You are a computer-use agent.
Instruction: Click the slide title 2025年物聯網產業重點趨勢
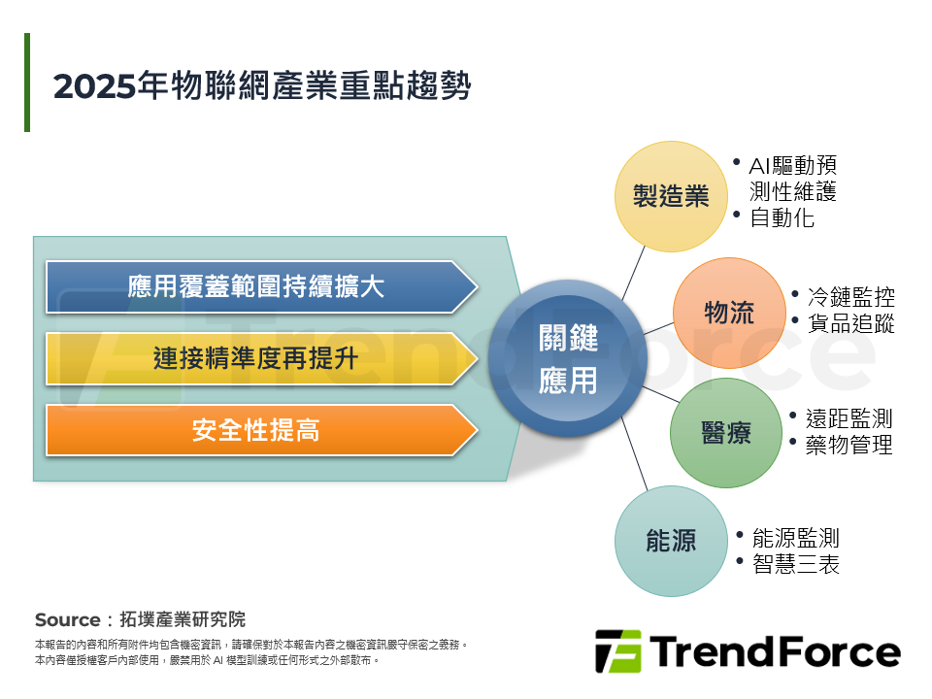coord(262,85)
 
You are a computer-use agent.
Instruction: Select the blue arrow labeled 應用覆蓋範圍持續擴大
coord(257,286)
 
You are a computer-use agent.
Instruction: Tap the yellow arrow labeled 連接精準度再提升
coord(257,358)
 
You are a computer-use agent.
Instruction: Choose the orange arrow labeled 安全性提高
coord(257,430)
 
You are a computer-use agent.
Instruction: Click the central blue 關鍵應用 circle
coord(568,359)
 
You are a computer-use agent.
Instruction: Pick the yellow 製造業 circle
coord(672,197)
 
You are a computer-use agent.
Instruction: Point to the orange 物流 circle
coord(728,313)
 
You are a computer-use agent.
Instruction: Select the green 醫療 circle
coord(726,433)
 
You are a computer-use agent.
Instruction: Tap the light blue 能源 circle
coord(672,541)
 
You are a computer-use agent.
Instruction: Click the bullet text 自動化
coord(782,217)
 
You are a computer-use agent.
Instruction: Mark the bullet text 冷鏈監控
coord(850,297)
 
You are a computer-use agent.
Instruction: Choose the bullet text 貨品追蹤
coord(850,323)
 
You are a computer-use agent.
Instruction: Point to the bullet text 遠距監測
coord(849,418)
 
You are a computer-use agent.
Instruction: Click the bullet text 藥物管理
coord(849,445)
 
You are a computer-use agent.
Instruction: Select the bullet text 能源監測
coord(795,538)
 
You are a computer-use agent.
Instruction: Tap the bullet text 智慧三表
coord(795,564)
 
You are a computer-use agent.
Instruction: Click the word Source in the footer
coord(67,619)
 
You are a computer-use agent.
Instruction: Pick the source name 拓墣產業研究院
coord(183,619)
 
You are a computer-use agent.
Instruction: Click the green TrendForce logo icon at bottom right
coord(617,651)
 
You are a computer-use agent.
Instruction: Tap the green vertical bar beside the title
coord(27,83)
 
